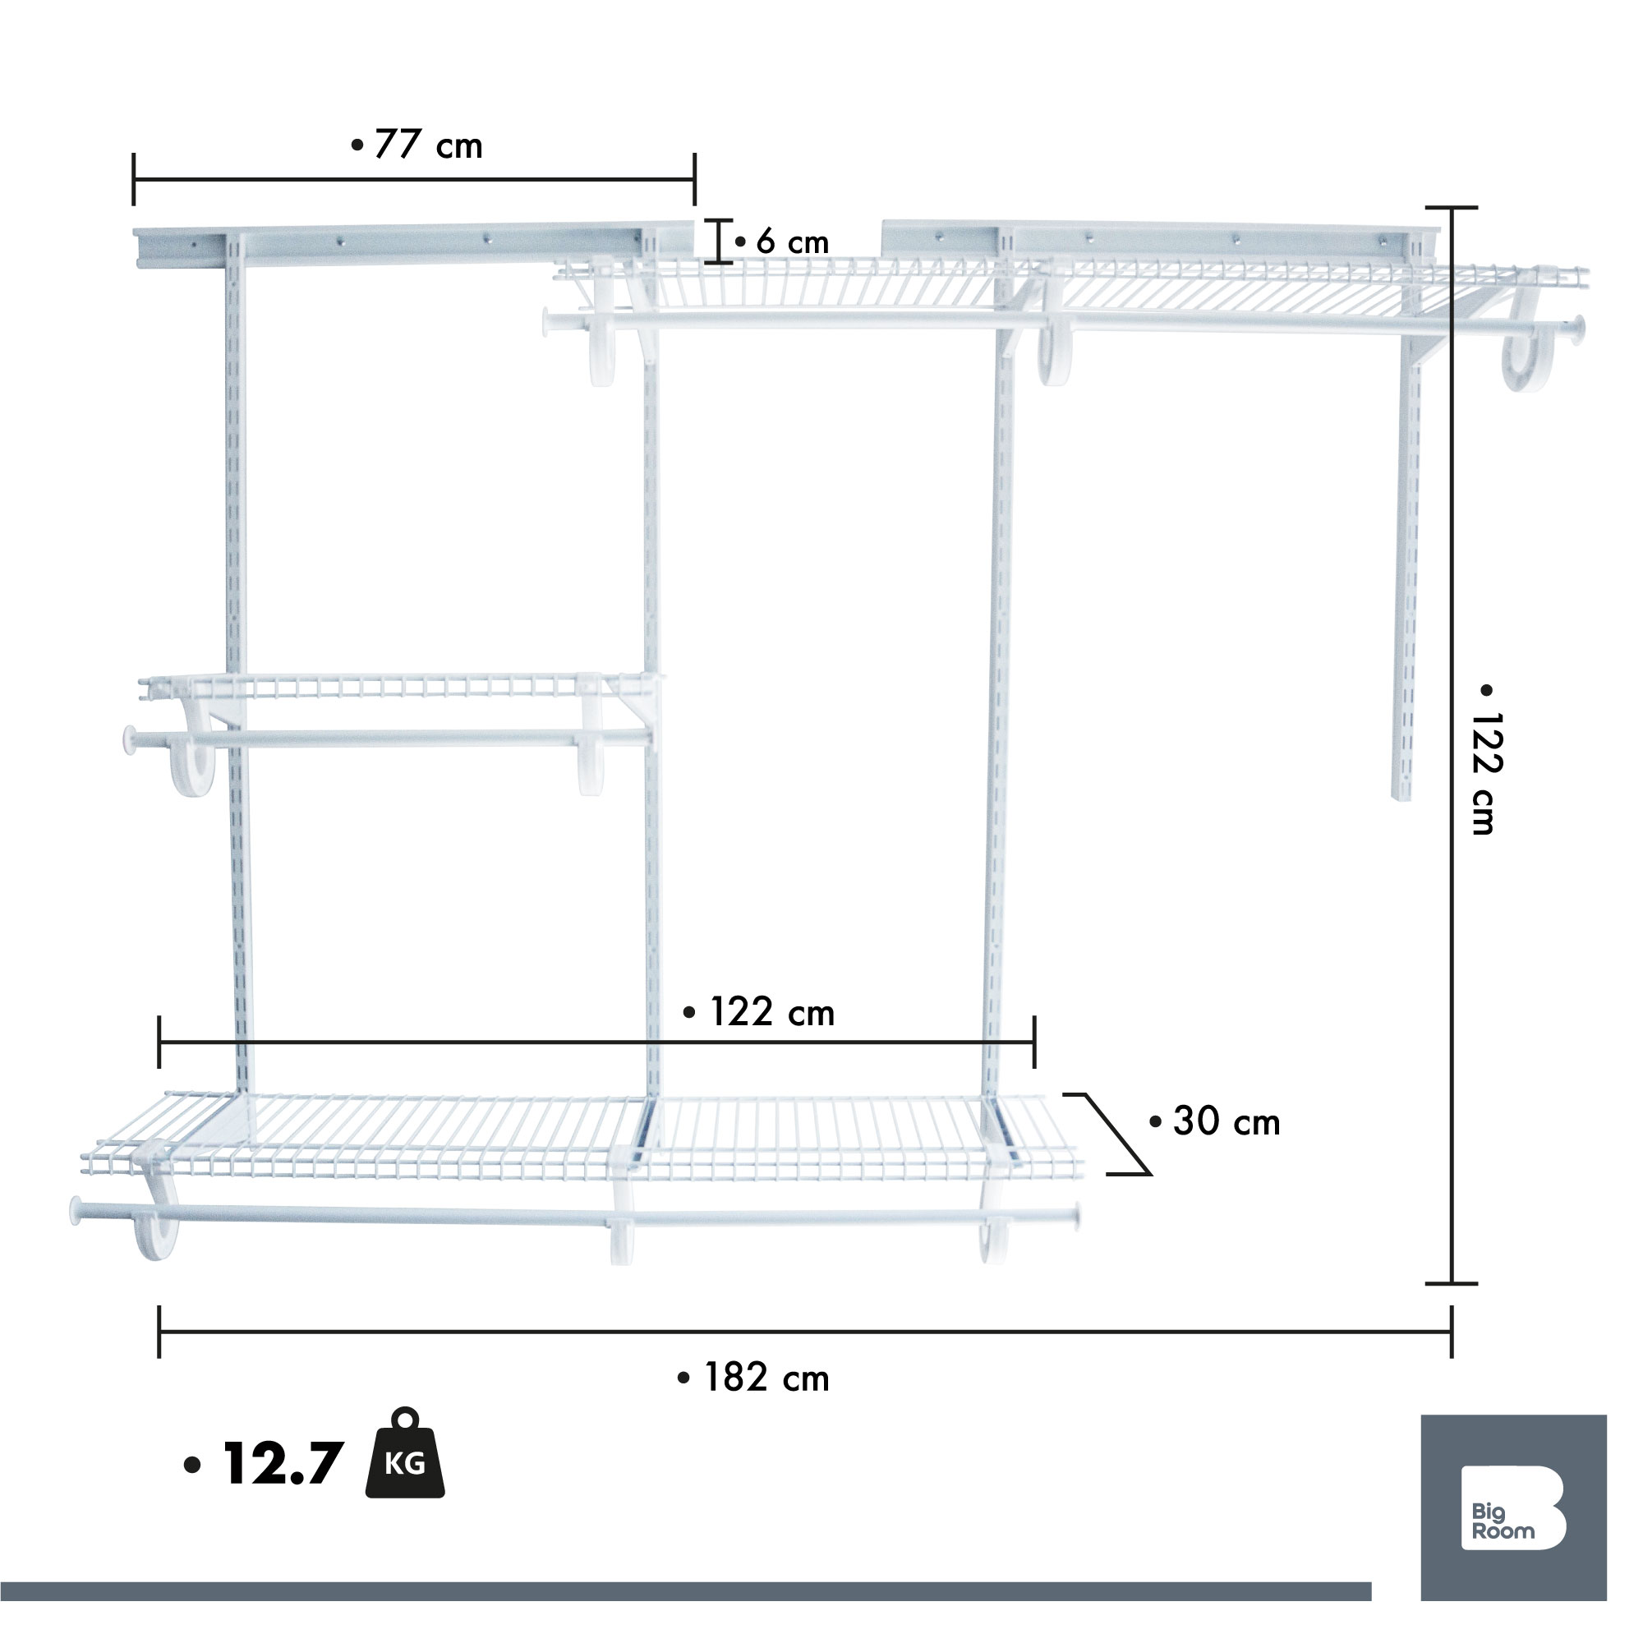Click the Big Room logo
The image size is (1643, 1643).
(1513, 1507)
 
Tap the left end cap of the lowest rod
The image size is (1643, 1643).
(76, 1211)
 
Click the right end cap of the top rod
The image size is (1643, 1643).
(1578, 330)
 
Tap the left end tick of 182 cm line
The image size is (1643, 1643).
(159, 1332)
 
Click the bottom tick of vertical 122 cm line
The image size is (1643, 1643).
(1452, 1283)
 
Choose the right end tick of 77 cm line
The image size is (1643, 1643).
(695, 179)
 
